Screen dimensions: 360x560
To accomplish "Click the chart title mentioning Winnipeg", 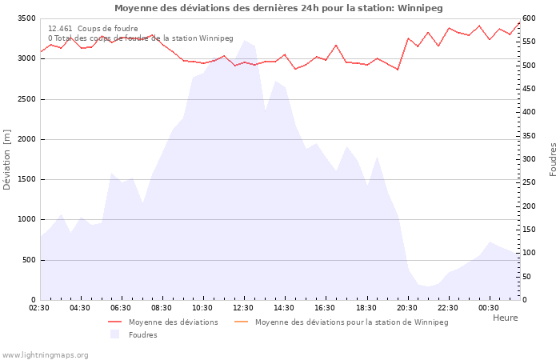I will click(x=278, y=8).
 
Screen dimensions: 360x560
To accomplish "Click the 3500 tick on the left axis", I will click(x=25, y=18).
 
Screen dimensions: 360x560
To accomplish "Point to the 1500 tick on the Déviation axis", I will click(x=25, y=179).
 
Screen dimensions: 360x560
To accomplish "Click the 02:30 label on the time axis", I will click(x=39, y=308).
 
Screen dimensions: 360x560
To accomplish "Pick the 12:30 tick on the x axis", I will click(x=243, y=308).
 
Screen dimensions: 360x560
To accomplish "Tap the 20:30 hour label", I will click(x=406, y=308).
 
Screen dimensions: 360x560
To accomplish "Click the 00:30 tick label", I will click(x=488, y=308).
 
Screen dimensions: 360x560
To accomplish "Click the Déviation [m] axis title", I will click(x=7, y=159).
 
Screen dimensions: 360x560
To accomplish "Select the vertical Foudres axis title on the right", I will click(x=553, y=159).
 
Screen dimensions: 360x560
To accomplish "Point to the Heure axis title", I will click(x=505, y=318).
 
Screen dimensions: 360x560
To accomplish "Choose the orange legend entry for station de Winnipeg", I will click(x=241, y=322).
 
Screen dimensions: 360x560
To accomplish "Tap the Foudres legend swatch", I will click(x=114, y=334).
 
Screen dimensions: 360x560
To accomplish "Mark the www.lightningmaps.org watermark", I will click(x=45, y=354).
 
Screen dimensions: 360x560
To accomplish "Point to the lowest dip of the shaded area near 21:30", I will click(x=428, y=286).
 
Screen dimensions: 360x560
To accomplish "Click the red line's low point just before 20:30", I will click(x=397, y=70).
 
